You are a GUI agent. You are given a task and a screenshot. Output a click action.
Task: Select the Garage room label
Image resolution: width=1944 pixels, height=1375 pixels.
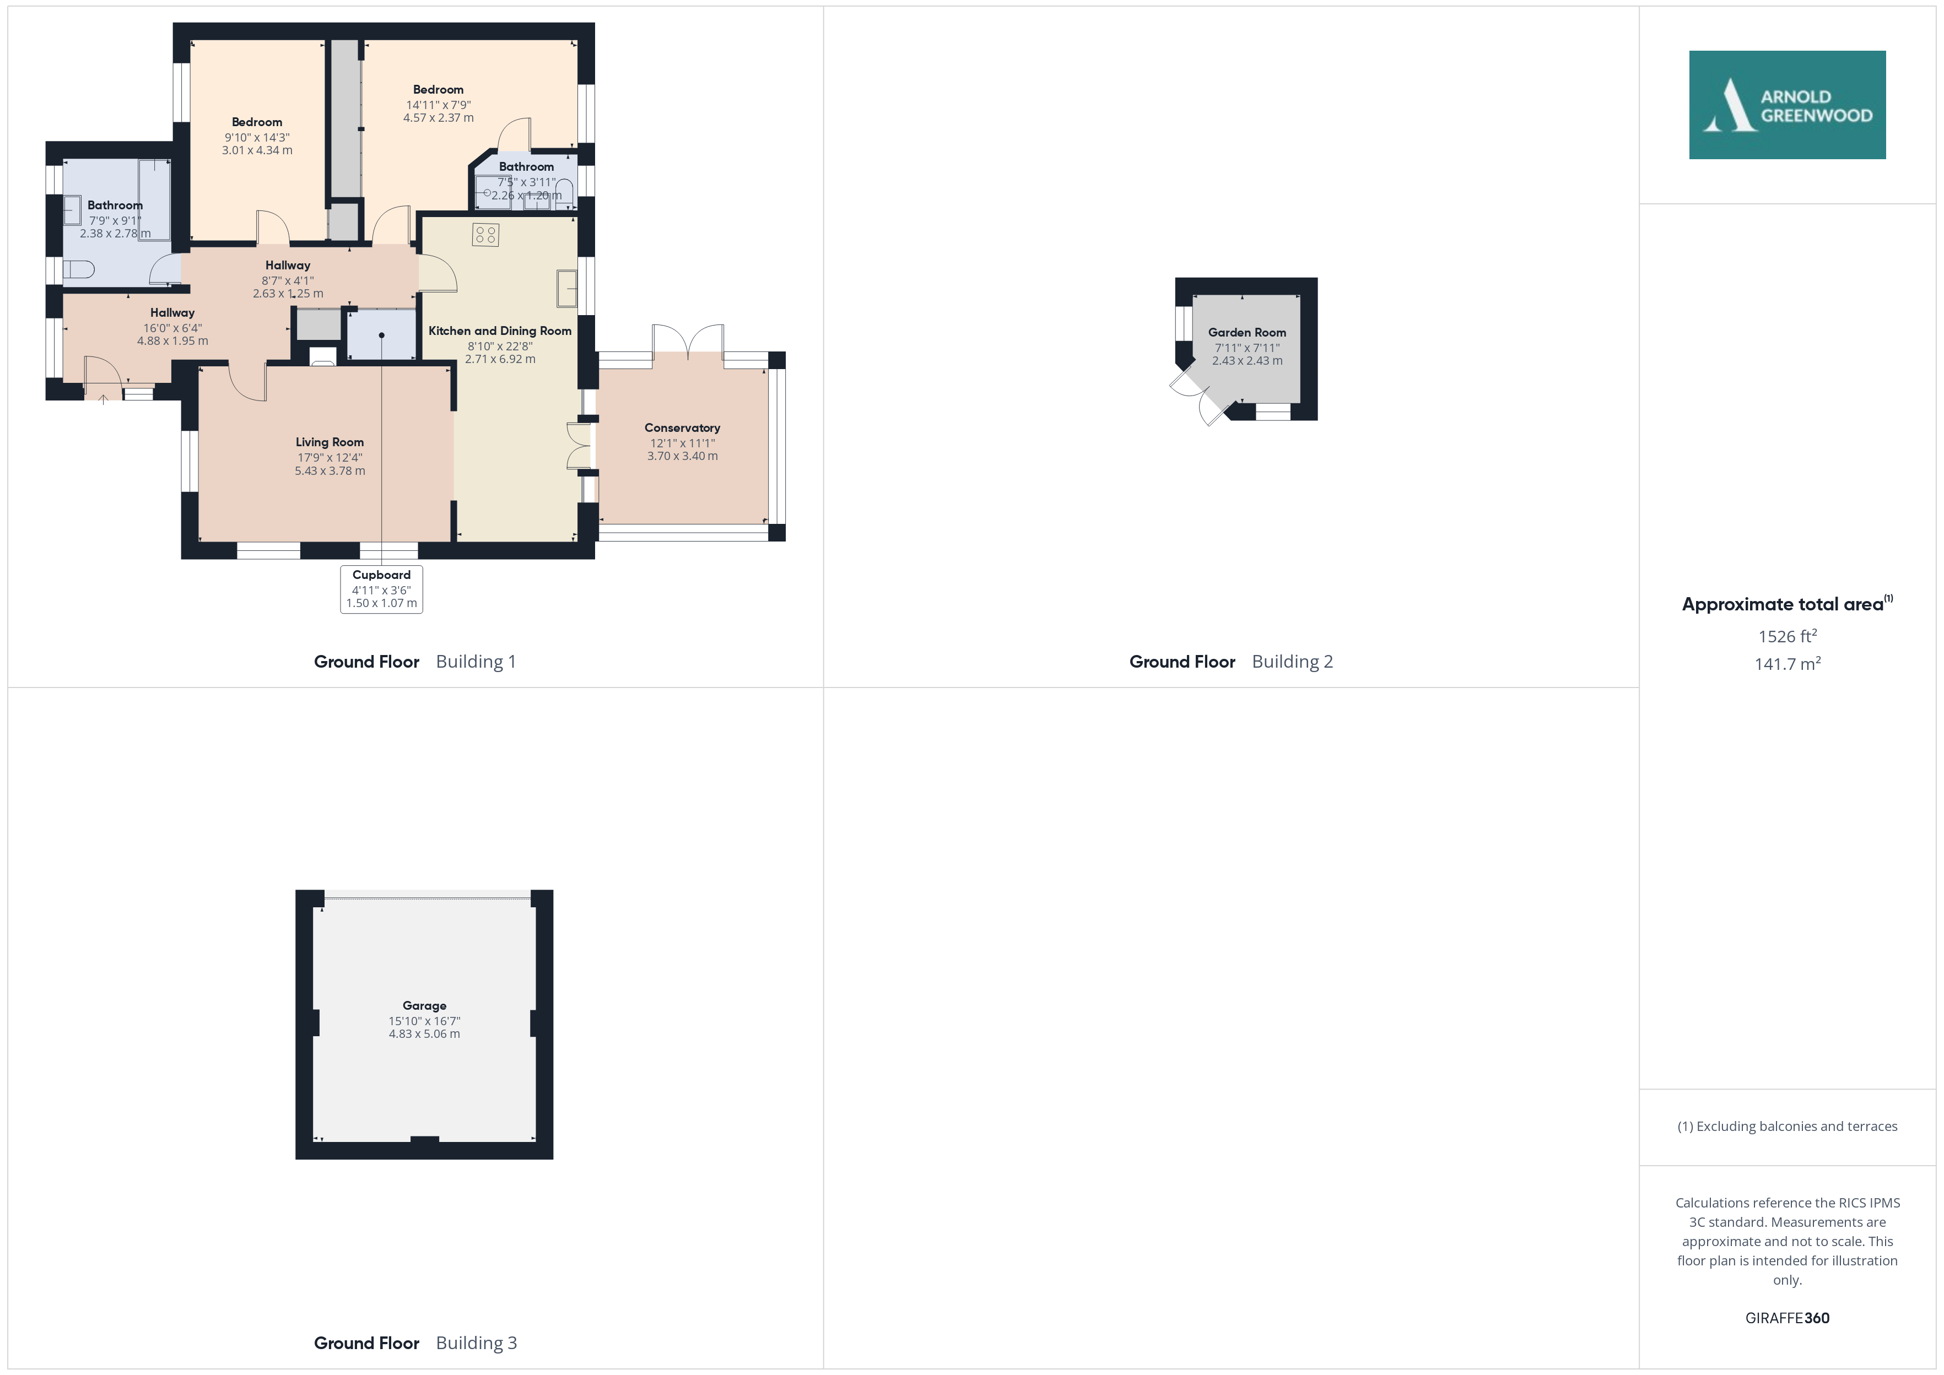(424, 1006)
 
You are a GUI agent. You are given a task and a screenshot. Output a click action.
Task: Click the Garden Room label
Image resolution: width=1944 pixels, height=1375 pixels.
(1246, 333)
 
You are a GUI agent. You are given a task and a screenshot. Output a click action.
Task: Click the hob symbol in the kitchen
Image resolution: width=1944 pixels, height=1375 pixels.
(485, 235)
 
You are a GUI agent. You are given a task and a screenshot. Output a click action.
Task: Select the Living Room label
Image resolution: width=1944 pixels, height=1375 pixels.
(330, 442)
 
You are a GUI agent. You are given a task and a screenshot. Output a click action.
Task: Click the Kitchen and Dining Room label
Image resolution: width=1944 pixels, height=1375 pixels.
(500, 331)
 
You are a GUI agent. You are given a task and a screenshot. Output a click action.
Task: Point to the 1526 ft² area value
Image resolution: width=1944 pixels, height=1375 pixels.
(1788, 636)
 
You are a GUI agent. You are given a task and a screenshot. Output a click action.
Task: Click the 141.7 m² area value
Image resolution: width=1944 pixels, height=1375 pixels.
(1788, 664)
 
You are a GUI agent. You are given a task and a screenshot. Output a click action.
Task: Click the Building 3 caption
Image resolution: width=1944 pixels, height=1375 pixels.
(476, 1343)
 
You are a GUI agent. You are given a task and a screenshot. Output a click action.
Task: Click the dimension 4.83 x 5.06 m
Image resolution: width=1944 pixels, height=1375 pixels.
(424, 1034)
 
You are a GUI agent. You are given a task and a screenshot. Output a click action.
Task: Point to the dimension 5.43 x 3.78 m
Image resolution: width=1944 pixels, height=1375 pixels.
(330, 471)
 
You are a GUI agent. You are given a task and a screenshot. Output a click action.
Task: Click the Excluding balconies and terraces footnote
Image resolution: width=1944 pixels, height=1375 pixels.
(1788, 1126)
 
